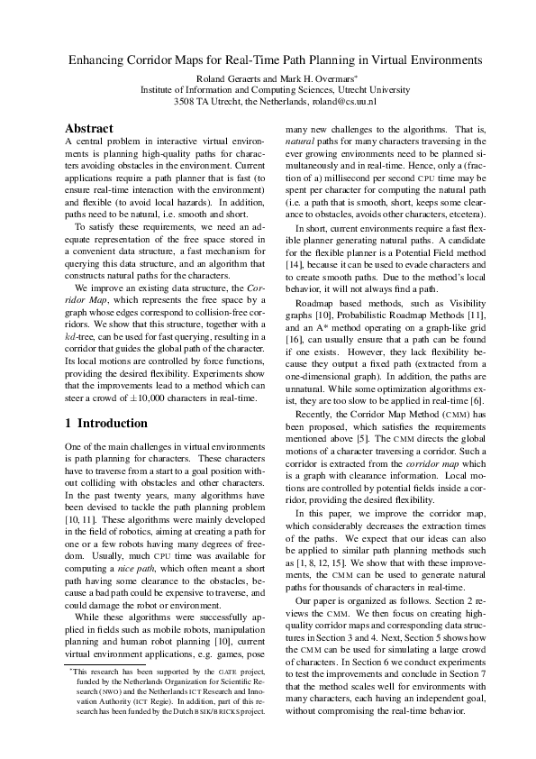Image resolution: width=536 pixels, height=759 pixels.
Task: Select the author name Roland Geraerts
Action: click(229, 78)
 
